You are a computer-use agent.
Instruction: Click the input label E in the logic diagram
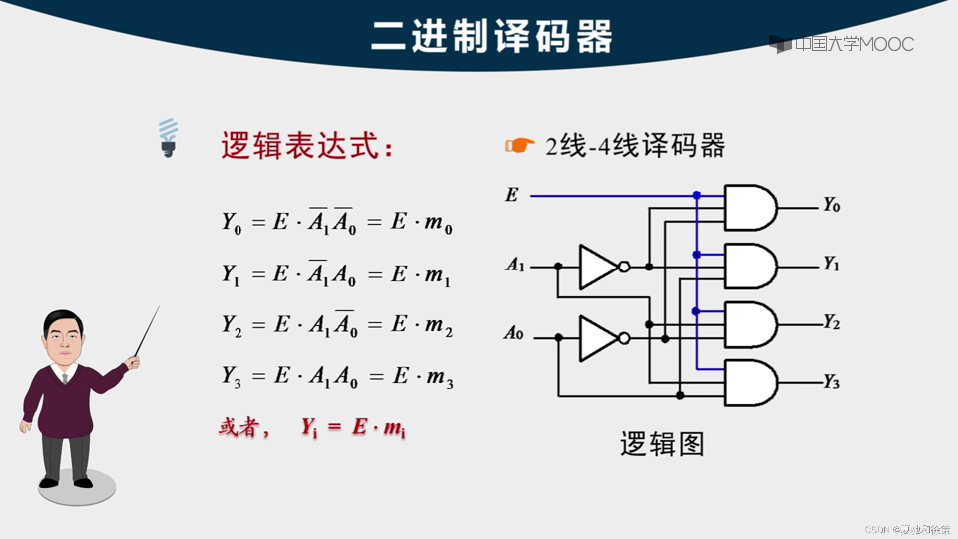point(511,195)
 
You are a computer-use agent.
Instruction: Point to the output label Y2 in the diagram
point(832,323)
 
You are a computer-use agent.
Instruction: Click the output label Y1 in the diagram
point(832,264)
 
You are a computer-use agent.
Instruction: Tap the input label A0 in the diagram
point(513,333)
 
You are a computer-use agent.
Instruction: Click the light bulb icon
point(168,138)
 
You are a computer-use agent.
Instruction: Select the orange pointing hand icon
point(519,145)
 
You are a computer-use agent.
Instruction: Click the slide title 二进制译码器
point(491,36)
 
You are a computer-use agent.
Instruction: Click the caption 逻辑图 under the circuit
point(662,444)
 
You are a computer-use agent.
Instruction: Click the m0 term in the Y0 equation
point(438,223)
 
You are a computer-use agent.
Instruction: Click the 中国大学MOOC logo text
point(854,44)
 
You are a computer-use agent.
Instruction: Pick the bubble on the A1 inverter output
point(624,267)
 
